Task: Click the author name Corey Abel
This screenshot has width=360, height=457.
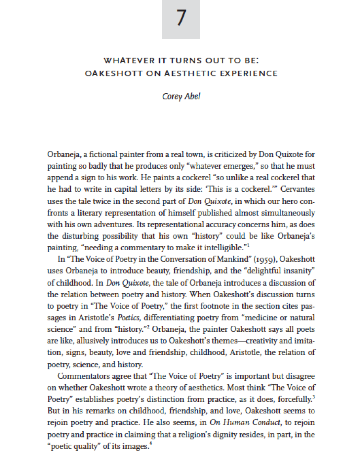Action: [181, 96]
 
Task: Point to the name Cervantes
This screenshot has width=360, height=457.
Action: [297, 189]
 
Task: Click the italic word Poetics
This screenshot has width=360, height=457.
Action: [128, 318]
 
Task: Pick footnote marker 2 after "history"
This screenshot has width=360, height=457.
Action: [148, 327]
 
